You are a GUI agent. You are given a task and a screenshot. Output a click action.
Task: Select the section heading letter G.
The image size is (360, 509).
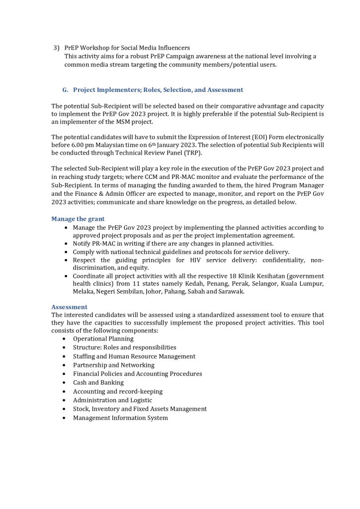click(x=65, y=90)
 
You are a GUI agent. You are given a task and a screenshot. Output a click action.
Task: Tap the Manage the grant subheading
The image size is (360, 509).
click(x=78, y=219)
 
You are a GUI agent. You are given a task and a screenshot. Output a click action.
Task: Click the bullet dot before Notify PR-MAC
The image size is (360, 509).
click(x=67, y=244)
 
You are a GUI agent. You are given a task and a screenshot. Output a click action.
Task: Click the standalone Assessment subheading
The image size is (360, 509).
click(x=69, y=307)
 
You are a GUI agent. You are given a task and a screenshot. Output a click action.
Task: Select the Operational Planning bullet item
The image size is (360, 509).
click(x=103, y=339)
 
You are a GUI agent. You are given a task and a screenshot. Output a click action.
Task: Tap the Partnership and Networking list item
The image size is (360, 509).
click(x=113, y=365)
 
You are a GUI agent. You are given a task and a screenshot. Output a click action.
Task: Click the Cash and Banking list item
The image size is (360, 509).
click(x=98, y=383)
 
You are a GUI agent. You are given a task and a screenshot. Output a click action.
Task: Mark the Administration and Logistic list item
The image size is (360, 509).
click(x=112, y=400)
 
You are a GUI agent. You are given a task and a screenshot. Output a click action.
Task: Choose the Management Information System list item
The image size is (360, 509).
click(x=120, y=418)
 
